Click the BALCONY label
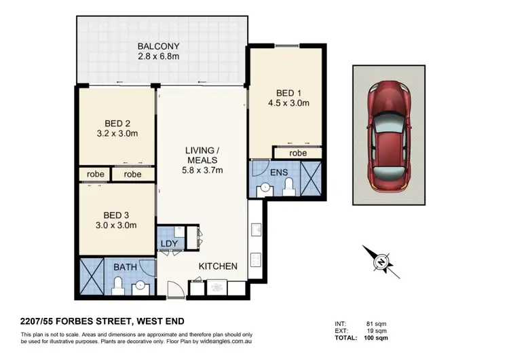[158, 47]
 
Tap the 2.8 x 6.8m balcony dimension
[158, 57]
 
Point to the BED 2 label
[117, 123]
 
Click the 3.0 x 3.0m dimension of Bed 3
[116, 225]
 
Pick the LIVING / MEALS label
[201, 154]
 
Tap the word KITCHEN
[217, 266]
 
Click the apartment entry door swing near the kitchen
[175, 288]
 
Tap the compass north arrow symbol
[383, 260]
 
